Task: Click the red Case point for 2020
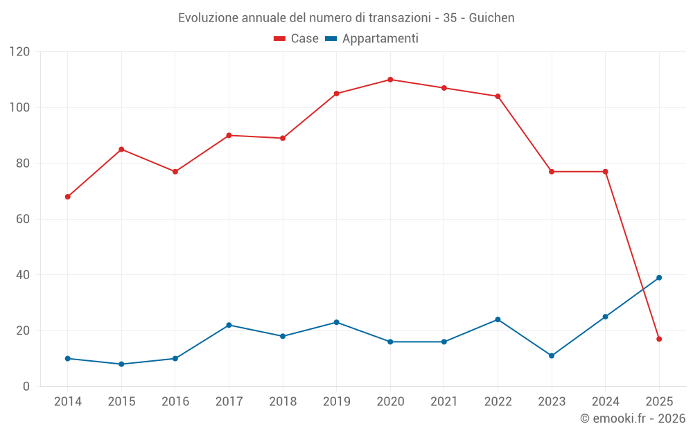pyautogui.click(x=390, y=80)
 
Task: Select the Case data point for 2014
pyautogui.click(x=68, y=197)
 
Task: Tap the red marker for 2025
pyautogui.click(x=659, y=339)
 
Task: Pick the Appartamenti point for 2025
pyautogui.click(x=659, y=278)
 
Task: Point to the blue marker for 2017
pyautogui.click(x=229, y=325)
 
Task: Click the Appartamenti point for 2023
pyautogui.click(x=552, y=355)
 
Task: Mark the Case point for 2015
pyautogui.click(x=121, y=149)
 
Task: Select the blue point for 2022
pyautogui.click(x=498, y=319)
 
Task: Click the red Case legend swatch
pyautogui.click(x=280, y=39)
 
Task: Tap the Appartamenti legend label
pyautogui.click(x=380, y=39)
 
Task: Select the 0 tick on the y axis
pyautogui.click(x=26, y=386)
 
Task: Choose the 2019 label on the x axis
pyautogui.click(x=336, y=402)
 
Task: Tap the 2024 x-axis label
pyautogui.click(x=605, y=402)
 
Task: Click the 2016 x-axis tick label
pyautogui.click(x=175, y=402)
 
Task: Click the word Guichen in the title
pyautogui.click(x=491, y=18)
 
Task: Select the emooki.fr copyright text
pyautogui.click(x=632, y=418)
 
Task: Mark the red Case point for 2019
pyautogui.click(x=336, y=94)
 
